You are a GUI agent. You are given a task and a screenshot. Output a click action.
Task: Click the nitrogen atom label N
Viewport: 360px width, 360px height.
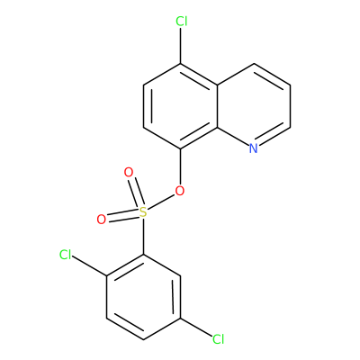click(x=254, y=148)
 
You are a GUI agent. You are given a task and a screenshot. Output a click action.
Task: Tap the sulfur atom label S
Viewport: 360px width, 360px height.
click(x=144, y=212)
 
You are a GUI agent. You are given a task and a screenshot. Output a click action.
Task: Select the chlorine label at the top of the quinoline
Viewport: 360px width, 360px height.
click(x=182, y=22)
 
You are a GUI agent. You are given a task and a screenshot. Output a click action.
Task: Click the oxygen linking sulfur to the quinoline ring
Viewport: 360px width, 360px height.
click(x=180, y=191)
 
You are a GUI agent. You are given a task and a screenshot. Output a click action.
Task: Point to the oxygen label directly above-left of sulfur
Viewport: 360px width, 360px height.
click(x=129, y=173)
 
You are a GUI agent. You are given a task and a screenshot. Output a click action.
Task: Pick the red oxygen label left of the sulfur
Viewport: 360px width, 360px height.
click(x=102, y=220)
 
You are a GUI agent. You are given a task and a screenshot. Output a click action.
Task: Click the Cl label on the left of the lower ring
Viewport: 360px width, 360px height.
click(x=66, y=255)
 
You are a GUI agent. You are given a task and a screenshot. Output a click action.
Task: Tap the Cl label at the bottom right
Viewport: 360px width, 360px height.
click(x=219, y=339)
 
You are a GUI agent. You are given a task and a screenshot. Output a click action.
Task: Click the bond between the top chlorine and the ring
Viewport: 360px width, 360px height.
click(x=181, y=46)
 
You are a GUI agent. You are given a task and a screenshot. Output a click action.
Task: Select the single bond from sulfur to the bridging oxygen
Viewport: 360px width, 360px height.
click(x=161, y=202)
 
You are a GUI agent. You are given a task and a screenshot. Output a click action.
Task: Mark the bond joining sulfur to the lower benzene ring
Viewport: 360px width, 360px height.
click(x=144, y=237)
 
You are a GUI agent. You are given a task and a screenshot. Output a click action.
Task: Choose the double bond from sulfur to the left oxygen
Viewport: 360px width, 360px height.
click(x=123, y=216)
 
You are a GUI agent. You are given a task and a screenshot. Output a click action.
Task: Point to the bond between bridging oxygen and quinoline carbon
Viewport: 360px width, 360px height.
click(x=180, y=166)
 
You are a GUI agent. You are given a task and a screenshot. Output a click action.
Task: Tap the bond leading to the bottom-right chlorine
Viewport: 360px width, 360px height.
click(x=196, y=328)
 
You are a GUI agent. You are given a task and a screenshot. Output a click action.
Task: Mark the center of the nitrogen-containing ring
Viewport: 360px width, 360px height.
click(x=254, y=106)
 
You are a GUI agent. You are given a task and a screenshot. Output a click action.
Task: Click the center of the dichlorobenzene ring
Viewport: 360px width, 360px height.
click(x=144, y=297)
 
